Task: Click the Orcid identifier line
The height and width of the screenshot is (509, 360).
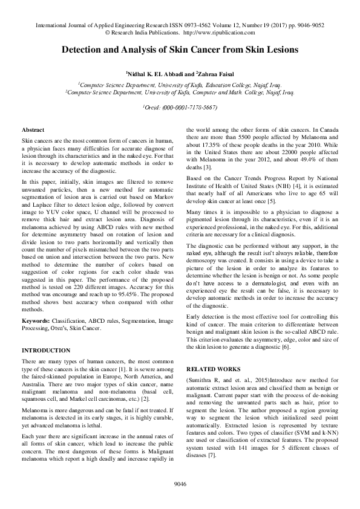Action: click(180, 107)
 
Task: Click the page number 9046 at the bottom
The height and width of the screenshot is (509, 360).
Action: click(180, 484)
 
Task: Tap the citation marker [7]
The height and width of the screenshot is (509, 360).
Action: click(212, 455)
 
